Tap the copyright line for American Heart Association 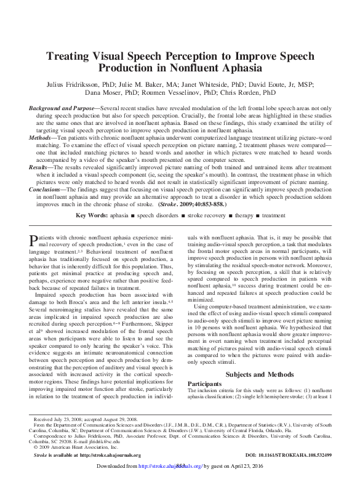click(x=66, y=447)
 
